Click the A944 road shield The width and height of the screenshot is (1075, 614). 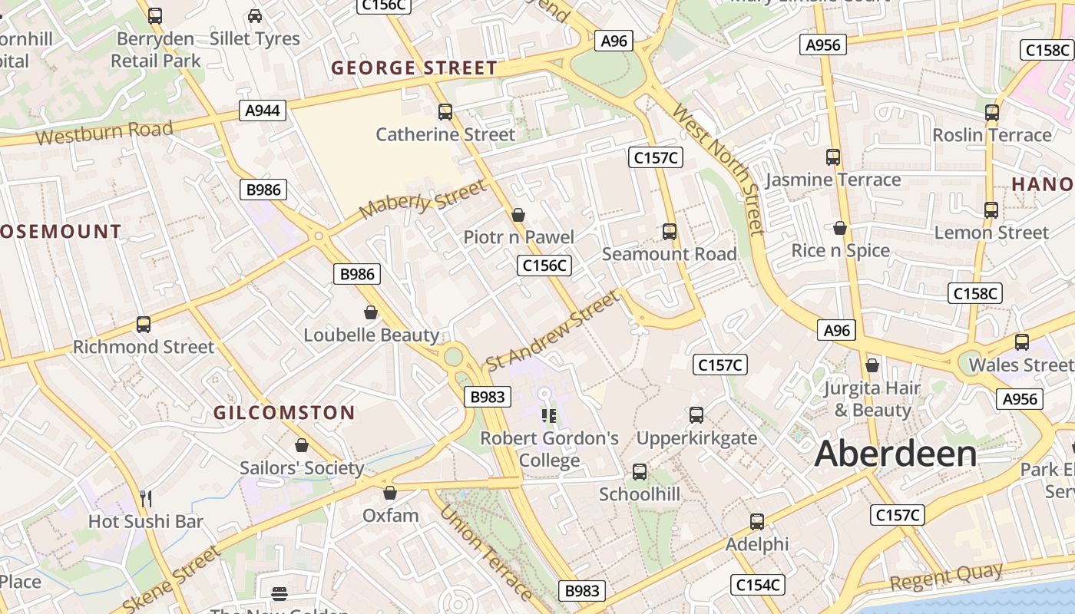[x=263, y=111]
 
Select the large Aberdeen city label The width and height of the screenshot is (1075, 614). [x=895, y=454]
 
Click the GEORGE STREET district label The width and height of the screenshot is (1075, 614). [x=415, y=68]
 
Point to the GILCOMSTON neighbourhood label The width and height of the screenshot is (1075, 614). [x=284, y=413]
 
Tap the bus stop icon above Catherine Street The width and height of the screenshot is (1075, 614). [x=445, y=112]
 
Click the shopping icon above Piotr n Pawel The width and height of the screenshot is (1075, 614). [x=518, y=215]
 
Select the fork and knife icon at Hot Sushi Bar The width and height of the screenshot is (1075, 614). [x=146, y=499]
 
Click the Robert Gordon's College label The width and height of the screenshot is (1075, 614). [x=549, y=449]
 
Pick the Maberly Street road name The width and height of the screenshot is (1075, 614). [x=422, y=199]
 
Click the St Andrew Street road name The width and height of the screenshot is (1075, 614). [x=552, y=330]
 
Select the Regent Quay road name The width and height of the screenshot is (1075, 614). [x=946, y=578]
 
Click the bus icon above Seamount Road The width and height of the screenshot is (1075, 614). [x=670, y=231]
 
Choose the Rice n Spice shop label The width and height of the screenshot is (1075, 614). [x=841, y=251]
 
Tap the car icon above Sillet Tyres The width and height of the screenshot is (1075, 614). [x=255, y=16]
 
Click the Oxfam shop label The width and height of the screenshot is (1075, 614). [x=391, y=515]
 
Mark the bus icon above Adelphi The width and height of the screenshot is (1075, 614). [x=757, y=522]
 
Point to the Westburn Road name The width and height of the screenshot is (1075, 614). [x=104, y=133]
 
